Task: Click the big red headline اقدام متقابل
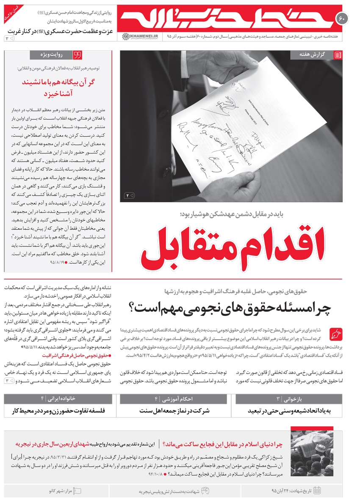point(231,246)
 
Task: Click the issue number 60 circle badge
point(342,18)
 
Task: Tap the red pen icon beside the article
point(336,334)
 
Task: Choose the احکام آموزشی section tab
point(174,399)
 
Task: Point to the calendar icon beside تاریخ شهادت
point(317,491)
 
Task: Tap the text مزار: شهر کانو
point(63,491)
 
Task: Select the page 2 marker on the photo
point(130,195)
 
